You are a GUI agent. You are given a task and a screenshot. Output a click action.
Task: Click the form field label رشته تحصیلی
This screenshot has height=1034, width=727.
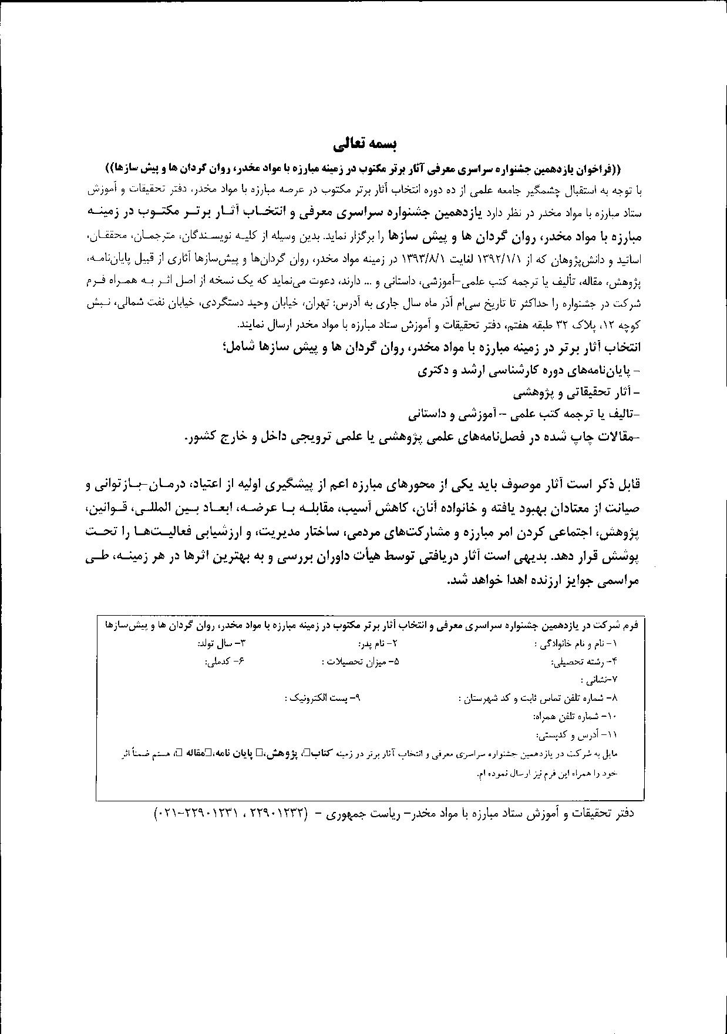click(x=585, y=662)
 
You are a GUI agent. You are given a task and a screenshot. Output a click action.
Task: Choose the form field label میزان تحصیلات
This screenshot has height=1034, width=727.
click(x=361, y=662)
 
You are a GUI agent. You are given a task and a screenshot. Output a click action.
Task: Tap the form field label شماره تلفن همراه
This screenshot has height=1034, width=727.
click(x=575, y=717)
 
